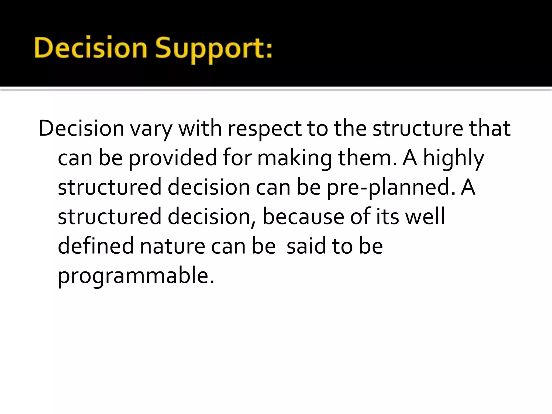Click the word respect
(265, 129)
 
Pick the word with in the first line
(200, 129)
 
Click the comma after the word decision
(253, 223)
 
